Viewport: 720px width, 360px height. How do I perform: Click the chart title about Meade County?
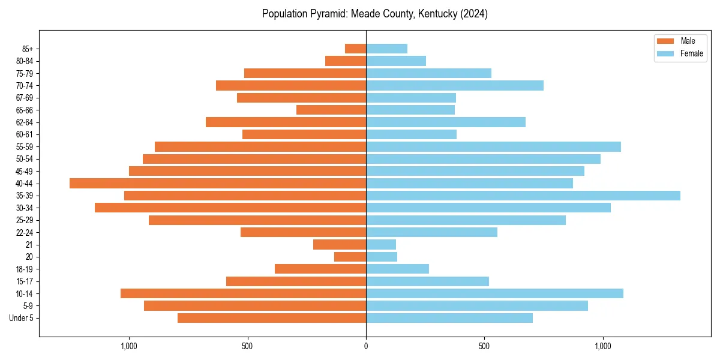coord(374,14)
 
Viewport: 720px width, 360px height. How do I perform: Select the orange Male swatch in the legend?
coord(666,41)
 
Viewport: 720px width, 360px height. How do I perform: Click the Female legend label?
coord(691,53)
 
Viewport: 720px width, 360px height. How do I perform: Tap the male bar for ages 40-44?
coord(218,183)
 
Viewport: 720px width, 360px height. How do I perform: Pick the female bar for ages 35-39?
coord(523,196)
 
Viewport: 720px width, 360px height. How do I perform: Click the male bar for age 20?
coord(350,257)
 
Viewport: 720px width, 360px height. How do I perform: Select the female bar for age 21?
coord(381,245)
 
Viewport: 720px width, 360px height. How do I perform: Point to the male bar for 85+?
coord(355,49)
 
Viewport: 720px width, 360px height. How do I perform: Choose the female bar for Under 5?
coord(449,318)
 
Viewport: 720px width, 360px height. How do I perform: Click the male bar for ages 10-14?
coord(243,293)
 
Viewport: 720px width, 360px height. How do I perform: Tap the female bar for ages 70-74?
coord(455,85)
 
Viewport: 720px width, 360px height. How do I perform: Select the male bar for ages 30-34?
coord(230,208)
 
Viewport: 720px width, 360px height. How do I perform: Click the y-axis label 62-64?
coord(25,122)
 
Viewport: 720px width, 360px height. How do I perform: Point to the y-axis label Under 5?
coord(22,318)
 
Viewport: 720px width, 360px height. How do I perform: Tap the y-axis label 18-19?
coord(25,269)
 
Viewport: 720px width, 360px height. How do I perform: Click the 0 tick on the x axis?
coord(366,346)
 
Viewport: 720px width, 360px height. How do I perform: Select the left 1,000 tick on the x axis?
coord(129,346)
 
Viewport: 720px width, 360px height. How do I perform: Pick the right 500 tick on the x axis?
coord(484,346)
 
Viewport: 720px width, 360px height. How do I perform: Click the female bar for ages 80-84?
coord(396,61)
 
